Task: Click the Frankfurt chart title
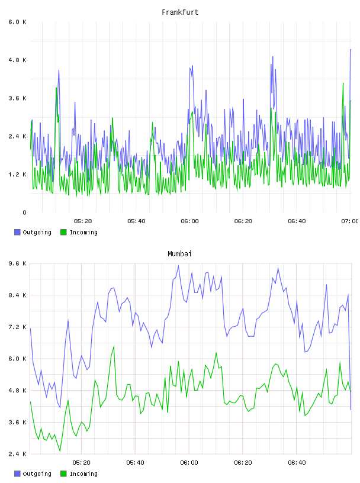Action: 180,12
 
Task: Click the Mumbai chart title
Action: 179,254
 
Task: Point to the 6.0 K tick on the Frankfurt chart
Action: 17,22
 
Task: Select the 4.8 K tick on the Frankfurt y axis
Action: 17,60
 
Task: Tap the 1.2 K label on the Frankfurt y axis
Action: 17,175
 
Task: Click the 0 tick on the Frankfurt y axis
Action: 24,212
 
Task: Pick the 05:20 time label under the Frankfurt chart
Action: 83,221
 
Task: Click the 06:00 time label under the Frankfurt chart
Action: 190,221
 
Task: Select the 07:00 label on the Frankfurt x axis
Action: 350,221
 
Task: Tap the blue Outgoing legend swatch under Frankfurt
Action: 17,232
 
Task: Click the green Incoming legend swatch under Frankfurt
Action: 63,232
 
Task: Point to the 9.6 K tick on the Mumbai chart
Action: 17,263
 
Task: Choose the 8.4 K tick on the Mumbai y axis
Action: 17,295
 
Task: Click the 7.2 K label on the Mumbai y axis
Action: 17,327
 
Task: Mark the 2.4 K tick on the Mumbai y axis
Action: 17,454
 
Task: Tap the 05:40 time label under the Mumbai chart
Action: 136,463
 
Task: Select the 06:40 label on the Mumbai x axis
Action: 297,463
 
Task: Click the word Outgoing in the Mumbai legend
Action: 37,474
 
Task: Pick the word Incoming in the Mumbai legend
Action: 83,474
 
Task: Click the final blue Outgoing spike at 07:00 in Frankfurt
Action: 351,50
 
